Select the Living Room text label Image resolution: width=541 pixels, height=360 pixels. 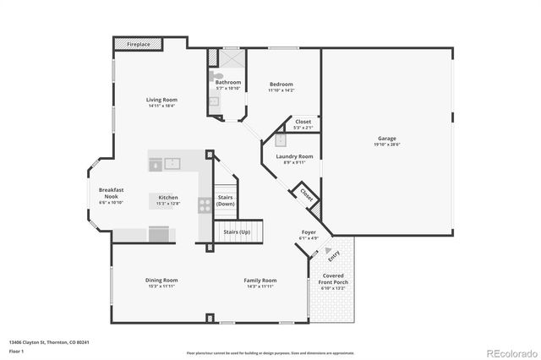click(163, 100)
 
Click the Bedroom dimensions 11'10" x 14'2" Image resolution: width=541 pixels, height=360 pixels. click(281, 90)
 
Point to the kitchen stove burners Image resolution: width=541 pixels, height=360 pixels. click(205, 204)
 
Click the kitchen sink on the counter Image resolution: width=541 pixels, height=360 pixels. click(172, 164)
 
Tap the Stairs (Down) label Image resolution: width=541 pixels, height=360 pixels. click(225, 201)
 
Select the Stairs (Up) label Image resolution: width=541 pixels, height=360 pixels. click(237, 231)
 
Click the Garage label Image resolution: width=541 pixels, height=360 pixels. click(387, 138)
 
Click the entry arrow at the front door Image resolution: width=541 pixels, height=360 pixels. click(330, 250)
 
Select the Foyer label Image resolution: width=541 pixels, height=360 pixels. click(309, 232)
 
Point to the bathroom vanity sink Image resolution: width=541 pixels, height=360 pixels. click(214, 102)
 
